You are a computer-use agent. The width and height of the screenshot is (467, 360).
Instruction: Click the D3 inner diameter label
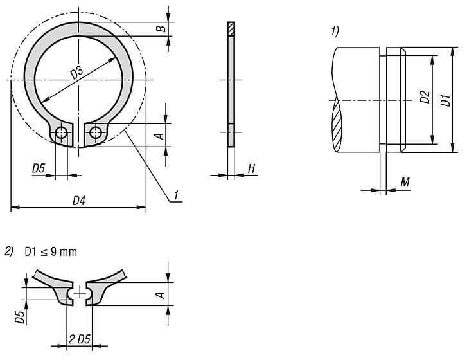coord(78,72)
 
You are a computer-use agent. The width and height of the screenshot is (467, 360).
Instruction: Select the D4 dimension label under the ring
coord(78,201)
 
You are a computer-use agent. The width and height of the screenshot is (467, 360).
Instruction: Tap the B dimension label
coord(163,28)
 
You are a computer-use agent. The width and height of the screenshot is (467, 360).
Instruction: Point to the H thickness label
coord(251,168)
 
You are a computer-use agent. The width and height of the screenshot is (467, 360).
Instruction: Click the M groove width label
coord(405,183)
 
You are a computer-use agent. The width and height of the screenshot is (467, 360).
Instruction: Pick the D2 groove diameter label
coord(424,98)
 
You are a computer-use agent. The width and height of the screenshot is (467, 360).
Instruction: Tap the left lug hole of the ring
coord(62,133)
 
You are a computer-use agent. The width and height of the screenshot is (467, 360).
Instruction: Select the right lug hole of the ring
coord(96,133)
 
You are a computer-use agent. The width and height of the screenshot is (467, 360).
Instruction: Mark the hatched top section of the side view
coord(231,30)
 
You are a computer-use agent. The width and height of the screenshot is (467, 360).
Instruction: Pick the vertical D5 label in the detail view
coord(21,316)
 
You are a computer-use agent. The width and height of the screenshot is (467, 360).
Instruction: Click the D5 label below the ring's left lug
coord(39,168)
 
